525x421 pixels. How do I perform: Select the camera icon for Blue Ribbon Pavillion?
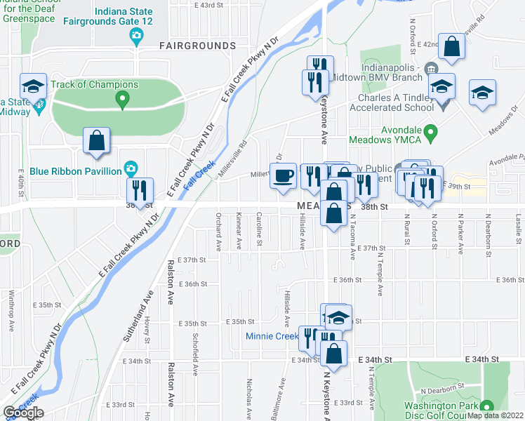(130, 168)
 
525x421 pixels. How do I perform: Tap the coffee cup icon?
(284, 176)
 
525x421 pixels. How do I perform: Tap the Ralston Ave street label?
(171, 282)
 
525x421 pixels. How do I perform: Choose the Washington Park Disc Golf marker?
(486, 406)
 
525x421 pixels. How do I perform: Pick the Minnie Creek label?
(272, 336)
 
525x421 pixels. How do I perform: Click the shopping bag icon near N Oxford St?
(453, 47)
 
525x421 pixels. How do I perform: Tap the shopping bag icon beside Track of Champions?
(96, 141)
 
